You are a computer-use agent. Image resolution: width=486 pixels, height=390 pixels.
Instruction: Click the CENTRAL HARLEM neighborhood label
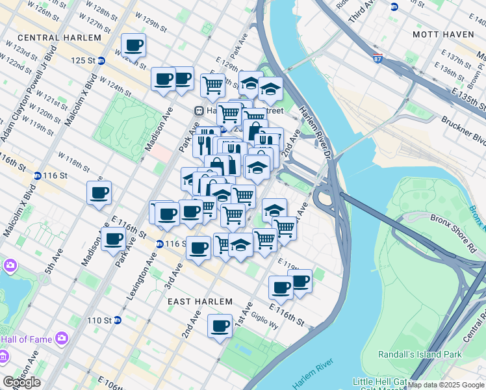[60, 38]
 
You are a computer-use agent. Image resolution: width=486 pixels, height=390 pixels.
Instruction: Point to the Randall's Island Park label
[420, 354]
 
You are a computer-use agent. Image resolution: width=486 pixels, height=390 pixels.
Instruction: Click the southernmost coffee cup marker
[220, 326]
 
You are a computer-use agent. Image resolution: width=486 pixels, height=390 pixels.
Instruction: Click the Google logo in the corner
[21, 382]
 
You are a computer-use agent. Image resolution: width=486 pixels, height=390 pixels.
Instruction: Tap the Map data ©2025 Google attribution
[446, 385]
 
